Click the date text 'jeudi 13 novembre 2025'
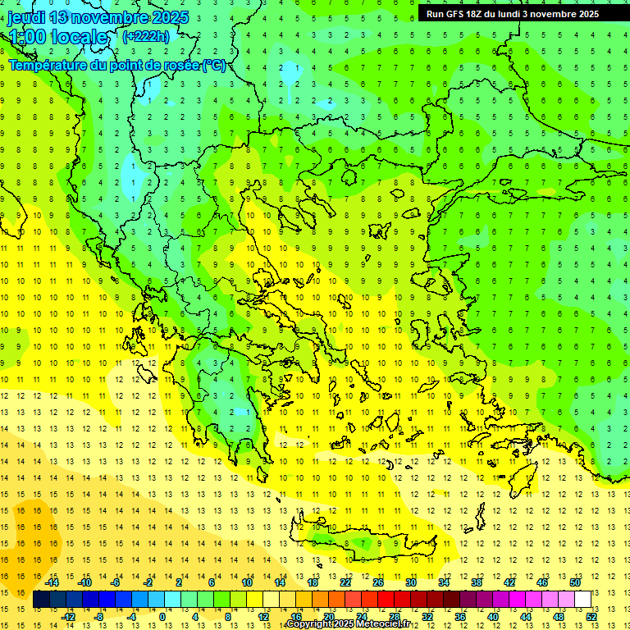click(x=98, y=17)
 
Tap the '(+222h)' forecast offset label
click(x=146, y=36)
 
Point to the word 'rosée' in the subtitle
click(x=179, y=66)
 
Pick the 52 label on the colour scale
click(x=591, y=616)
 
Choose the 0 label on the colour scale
click(x=162, y=616)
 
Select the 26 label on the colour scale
click(x=377, y=582)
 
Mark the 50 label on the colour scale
click(x=575, y=582)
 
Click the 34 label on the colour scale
click(x=444, y=582)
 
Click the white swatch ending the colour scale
click(x=582, y=599)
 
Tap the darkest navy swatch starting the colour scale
click(x=41, y=599)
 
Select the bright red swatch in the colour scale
click(x=386, y=599)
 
